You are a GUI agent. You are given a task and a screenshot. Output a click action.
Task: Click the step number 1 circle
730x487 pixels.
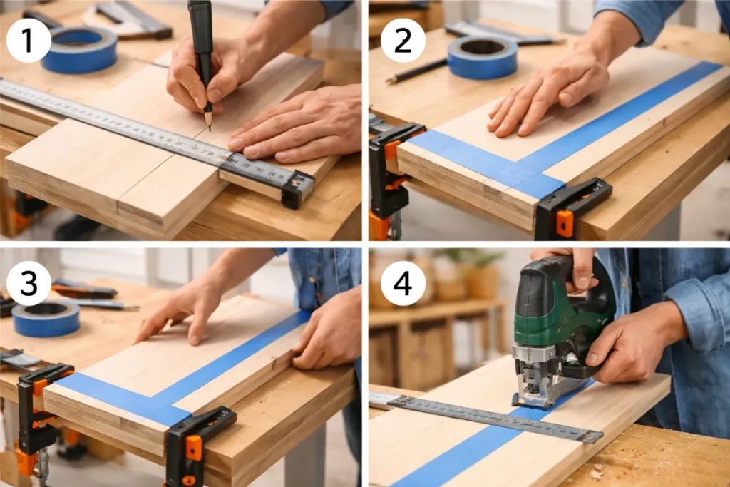[x=29, y=40]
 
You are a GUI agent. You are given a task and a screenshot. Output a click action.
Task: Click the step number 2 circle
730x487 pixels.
[x=403, y=40]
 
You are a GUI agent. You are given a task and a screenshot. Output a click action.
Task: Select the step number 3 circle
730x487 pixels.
[x=29, y=283]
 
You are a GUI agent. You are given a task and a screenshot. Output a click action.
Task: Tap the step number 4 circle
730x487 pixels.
[x=403, y=283]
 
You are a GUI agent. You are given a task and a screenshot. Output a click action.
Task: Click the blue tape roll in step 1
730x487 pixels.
[x=79, y=49]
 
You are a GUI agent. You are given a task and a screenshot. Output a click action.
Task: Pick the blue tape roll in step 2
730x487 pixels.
[x=483, y=56]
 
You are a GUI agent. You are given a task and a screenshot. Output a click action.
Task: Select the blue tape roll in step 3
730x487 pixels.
[x=46, y=319]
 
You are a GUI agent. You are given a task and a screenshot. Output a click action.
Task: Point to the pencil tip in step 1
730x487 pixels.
[x=210, y=128]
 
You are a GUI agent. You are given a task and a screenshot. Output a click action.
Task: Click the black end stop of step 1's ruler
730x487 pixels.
[x=297, y=190]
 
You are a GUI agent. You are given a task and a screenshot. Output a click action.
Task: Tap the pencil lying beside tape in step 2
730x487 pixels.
[x=416, y=71]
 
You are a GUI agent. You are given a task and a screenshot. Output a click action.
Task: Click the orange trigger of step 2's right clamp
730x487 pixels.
[x=565, y=223]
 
